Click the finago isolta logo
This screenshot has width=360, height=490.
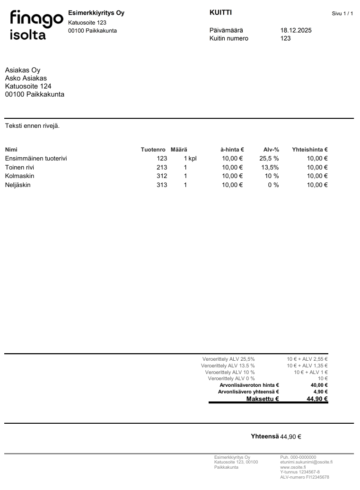point(36,25)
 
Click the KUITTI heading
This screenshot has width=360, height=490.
point(220,13)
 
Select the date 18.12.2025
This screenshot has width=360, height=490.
point(296,30)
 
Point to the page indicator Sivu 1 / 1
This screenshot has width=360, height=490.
point(342,14)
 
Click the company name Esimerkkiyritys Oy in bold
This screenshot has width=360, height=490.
point(96,13)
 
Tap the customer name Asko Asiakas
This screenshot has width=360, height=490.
point(26,79)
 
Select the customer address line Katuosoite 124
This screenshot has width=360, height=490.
point(28,86)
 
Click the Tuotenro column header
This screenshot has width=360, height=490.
point(153,150)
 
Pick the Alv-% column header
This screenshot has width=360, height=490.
point(271,150)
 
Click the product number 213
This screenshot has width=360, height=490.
point(162,167)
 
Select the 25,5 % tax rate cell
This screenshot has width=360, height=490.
point(269,159)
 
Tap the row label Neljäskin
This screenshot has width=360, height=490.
point(18,185)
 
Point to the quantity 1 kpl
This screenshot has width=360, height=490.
point(190,159)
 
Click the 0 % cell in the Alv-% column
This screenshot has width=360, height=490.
point(273,185)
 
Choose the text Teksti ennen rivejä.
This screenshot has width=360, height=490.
point(32,126)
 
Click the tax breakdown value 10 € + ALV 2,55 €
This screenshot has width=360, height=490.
point(307,359)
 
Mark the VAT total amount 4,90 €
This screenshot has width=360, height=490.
point(320,392)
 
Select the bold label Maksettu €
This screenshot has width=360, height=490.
point(263,399)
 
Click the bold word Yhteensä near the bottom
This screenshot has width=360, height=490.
point(264,437)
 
